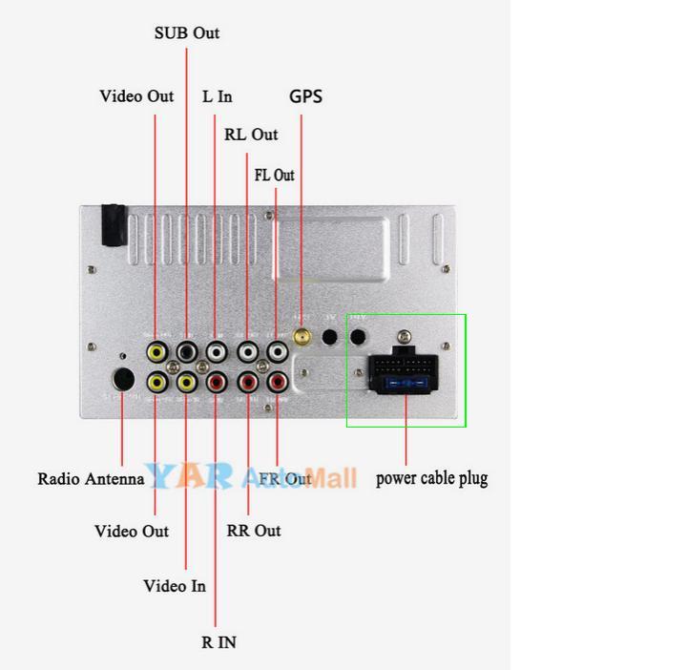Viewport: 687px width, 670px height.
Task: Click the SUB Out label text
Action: (187, 32)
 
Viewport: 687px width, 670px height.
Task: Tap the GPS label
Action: (305, 95)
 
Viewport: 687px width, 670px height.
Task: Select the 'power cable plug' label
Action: (431, 477)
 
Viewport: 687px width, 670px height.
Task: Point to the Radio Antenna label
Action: (91, 478)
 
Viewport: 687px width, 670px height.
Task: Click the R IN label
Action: (219, 642)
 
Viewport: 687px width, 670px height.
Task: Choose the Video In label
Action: (175, 586)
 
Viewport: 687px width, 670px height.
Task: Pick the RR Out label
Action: (254, 530)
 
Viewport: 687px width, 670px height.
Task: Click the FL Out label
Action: (275, 175)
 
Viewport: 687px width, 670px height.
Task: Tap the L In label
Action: (217, 96)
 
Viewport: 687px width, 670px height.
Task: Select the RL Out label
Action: (251, 135)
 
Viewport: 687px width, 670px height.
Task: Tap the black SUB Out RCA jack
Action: (186, 352)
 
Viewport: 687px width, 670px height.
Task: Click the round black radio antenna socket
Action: (122, 379)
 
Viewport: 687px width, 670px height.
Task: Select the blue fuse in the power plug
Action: (406, 385)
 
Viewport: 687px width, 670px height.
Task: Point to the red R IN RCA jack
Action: (217, 383)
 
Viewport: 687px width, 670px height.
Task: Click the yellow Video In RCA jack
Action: (186, 383)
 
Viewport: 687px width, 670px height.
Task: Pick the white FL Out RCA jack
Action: (277, 352)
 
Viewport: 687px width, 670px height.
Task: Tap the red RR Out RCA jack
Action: (247, 383)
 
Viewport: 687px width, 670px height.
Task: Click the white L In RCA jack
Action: (217, 352)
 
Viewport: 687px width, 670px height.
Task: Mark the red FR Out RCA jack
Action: (277, 383)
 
